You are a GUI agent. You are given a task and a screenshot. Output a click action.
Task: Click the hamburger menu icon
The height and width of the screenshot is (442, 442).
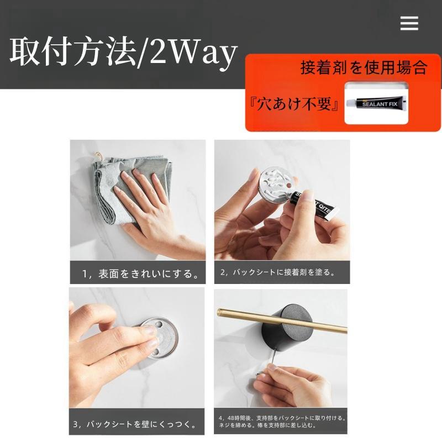pyautogui.click(x=409, y=23)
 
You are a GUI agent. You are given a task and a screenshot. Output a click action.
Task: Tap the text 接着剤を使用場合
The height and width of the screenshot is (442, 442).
pyautogui.click(x=364, y=68)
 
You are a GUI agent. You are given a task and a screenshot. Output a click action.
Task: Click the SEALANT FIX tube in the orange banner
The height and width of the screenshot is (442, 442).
pyautogui.click(x=376, y=103)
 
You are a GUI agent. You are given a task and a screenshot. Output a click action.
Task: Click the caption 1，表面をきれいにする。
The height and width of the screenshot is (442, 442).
pyautogui.click(x=140, y=273)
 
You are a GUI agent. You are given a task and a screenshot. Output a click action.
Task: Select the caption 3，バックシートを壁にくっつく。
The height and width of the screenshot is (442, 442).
pyautogui.click(x=135, y=424)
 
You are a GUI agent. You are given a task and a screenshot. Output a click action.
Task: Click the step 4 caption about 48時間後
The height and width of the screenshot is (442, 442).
pyautogui.click(x=282, y=422)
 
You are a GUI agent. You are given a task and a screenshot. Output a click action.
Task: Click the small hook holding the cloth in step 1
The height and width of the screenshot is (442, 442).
pyautogui.click(x=99, y=156)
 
